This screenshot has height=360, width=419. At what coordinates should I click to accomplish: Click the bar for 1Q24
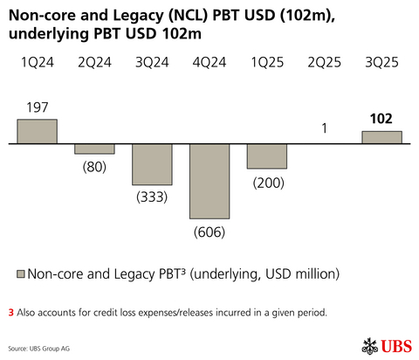37,131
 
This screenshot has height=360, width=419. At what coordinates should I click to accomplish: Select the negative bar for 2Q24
94,149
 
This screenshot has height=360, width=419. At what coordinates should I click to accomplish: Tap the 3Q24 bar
152,164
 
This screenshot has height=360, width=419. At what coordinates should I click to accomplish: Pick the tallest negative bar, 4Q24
209,181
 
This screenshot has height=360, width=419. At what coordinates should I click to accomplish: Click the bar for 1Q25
267,156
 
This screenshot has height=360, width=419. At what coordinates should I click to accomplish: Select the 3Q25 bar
381,137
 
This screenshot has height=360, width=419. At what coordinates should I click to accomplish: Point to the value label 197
37,107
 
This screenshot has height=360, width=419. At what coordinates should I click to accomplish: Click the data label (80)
94,166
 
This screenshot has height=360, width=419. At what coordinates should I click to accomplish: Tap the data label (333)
152,197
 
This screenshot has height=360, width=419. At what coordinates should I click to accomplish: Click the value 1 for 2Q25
324,128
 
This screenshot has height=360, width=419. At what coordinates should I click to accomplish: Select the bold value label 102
381,118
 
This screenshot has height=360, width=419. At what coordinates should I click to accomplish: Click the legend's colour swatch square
20,273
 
